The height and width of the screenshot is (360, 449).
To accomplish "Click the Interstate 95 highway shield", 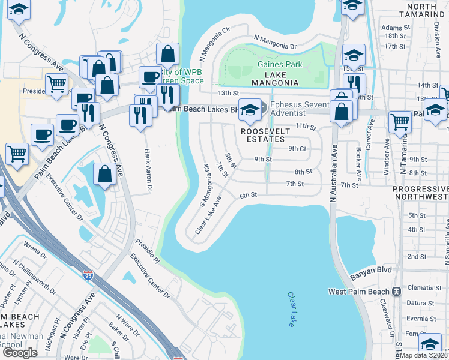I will [88, 276].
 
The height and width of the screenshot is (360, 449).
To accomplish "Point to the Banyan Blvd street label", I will [370, 271].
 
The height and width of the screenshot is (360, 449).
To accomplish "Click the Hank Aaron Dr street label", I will [146, 171].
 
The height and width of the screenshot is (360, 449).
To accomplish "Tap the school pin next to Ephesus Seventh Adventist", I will [250, 110].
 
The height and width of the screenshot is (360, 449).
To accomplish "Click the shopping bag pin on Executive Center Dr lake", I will [105, 175].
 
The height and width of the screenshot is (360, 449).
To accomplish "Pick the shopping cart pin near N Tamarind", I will [399, 122].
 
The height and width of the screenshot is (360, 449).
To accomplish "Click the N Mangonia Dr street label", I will [275, 42].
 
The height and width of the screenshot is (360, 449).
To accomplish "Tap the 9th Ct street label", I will [297, 148].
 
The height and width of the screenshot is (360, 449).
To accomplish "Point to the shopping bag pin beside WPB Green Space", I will [168, 55].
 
